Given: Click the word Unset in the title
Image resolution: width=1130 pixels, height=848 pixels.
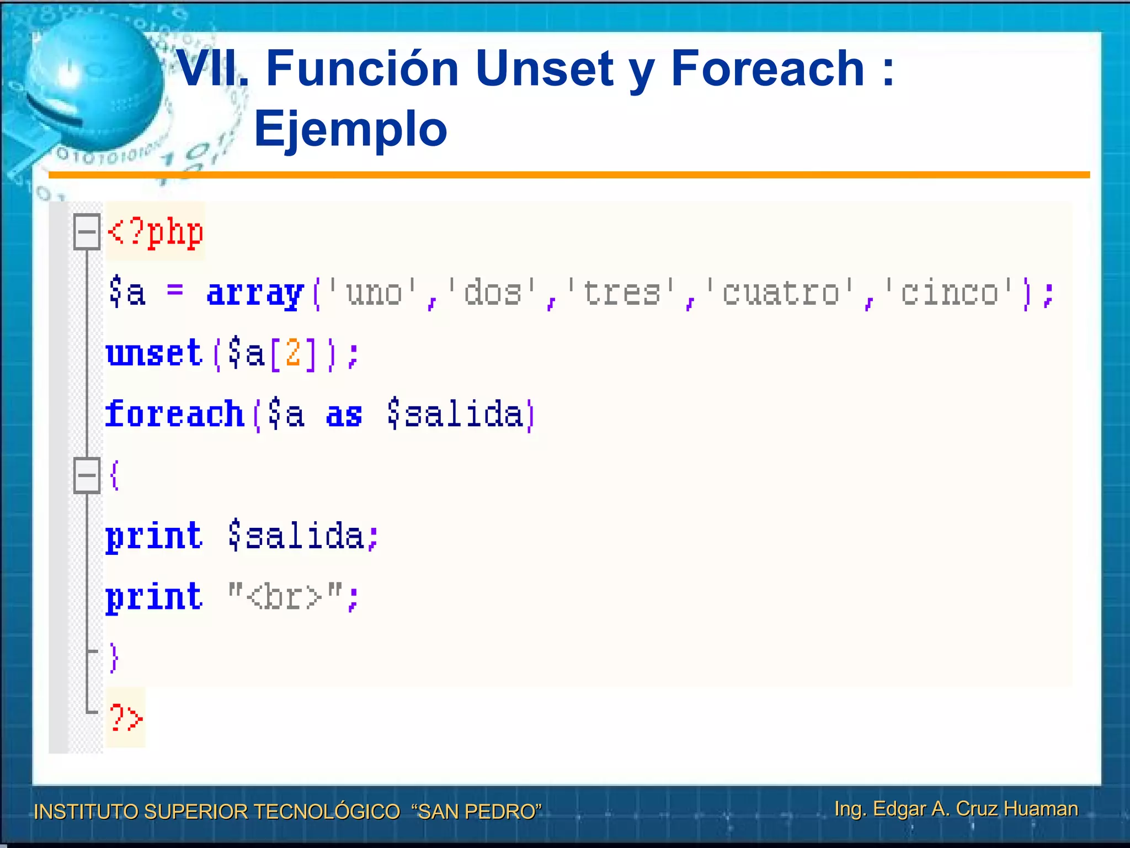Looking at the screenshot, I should [x=543, y=69].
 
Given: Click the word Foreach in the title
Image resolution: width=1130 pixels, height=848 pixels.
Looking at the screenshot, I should [x=767, y=69].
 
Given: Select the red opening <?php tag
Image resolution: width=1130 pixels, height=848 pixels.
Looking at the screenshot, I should [x=156, y=232].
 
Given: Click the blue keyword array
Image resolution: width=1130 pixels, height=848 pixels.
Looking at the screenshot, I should [x=255, y=293].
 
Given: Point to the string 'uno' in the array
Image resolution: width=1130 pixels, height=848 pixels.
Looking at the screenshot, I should [x=374, y=293].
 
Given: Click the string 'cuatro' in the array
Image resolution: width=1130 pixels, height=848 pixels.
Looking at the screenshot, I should [x=781, y=293].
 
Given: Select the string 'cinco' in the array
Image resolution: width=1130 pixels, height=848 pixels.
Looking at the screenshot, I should [x=949, y=293].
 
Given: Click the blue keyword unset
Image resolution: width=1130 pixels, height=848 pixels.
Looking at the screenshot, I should [x=154, y=353].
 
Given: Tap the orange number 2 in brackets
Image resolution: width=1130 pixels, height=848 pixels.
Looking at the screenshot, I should [x=293, y=353].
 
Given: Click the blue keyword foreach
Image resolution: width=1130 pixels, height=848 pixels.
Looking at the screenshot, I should [x=174, y=414].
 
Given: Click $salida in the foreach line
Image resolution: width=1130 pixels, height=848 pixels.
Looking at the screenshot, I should [x=455, y=414].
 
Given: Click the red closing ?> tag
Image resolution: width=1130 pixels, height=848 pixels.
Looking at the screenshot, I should [x=126, y=718].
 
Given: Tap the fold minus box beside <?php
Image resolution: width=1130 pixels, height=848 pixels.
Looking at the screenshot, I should [x=87, y=232].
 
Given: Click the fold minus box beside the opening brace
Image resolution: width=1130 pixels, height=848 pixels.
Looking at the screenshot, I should [x=87, y=475].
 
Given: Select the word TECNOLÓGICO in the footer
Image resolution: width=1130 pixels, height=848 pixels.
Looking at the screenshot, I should [x=327, y=812].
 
